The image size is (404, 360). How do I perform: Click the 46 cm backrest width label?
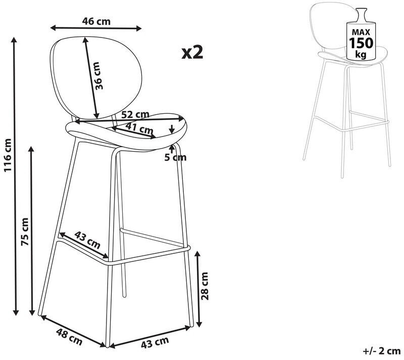click(96, 21)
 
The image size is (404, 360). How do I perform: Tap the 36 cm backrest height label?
click(98, 76)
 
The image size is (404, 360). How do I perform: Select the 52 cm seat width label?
click(135, 114)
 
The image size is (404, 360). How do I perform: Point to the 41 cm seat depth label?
click(139, 128)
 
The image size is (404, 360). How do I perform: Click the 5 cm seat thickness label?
click(175, 157)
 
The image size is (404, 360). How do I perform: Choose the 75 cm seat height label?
click(25, 232)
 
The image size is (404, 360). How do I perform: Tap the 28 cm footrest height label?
click(205, 286)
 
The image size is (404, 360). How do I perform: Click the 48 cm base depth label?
click(69, 337)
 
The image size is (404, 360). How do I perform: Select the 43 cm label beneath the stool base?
click(155, 342)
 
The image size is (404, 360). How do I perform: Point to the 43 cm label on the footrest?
click(87, 240)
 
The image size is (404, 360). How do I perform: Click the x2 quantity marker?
click(192, 53)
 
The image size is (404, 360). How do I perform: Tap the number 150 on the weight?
click(361, 43)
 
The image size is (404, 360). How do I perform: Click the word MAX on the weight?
click(361, 32)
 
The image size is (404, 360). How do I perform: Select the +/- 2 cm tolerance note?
click(382, 351)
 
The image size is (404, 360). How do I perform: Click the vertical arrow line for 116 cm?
click(15, 176)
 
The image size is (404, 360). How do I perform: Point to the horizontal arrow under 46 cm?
click(96, 28)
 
